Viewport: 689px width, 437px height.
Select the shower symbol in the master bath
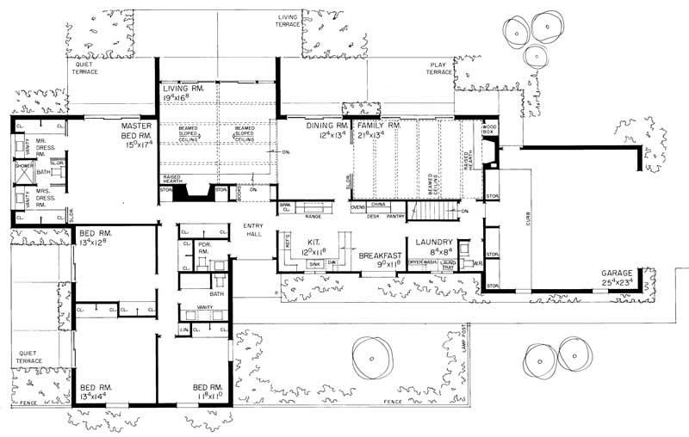(23, 172)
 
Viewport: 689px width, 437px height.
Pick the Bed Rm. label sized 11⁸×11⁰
(210, 391)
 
